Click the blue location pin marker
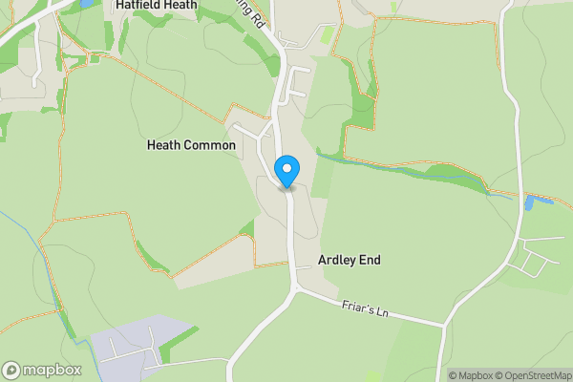(286, 171)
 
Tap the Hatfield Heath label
(156, 5)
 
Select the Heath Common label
(191, 145)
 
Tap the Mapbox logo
(42, 370)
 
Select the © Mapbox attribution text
(469, 375)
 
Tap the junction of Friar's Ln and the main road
(295, 289)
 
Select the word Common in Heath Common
(209, 145)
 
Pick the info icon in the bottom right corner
(440, 375)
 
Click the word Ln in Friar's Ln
(384, 311)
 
